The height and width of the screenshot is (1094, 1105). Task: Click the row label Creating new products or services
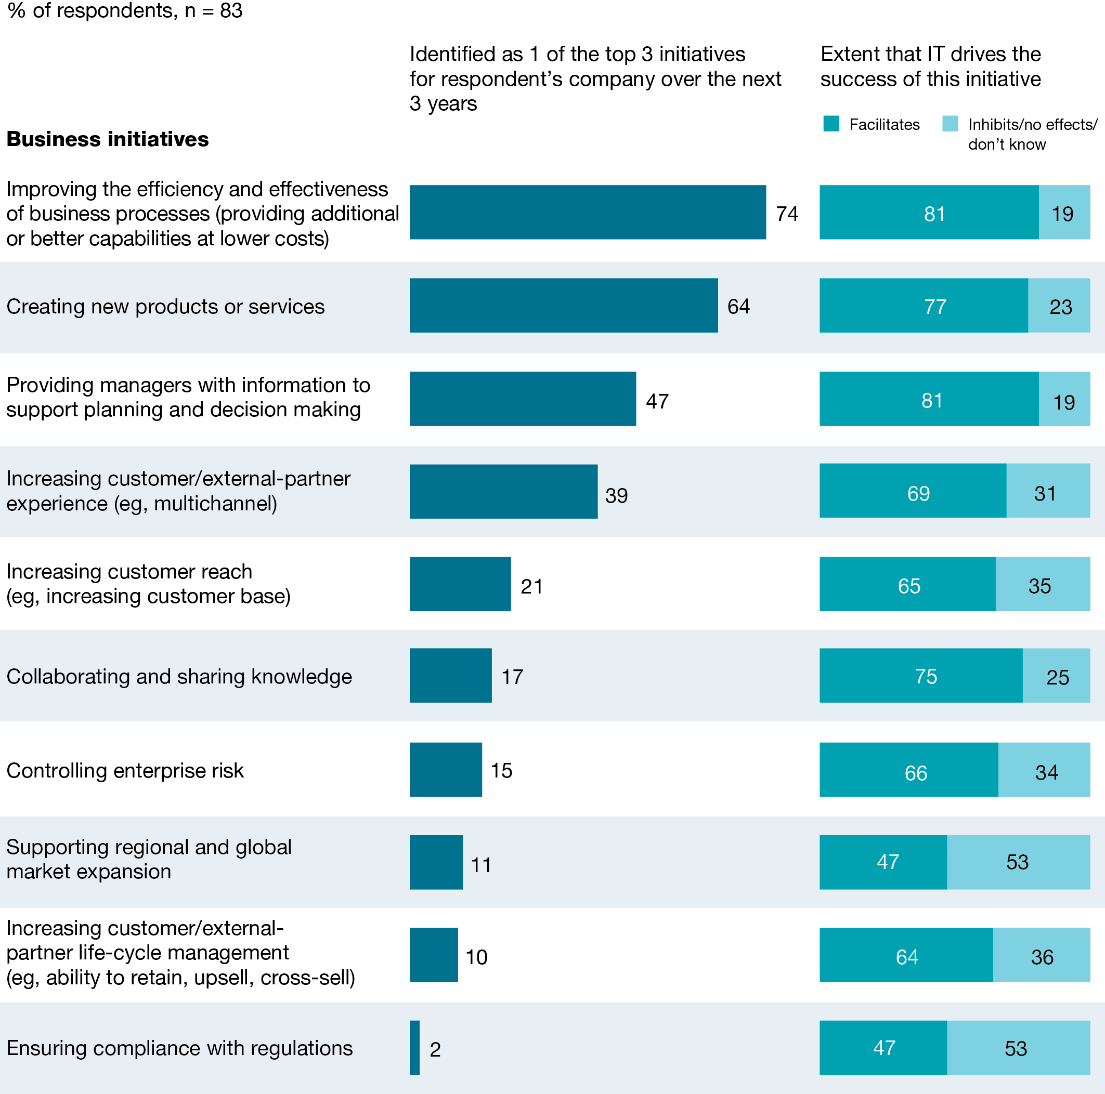point(165,307)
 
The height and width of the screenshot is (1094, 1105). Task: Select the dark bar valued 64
point(563,305)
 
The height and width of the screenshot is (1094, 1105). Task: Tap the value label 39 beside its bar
point(616,496)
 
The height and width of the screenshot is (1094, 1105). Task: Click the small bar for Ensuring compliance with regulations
point(414,1048)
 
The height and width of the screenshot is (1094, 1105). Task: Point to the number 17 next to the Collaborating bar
point(512,677)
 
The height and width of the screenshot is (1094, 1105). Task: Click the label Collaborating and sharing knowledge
point(179,677)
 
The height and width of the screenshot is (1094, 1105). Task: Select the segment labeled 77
point(923,306)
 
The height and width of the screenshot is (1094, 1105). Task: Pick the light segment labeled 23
point(1059,306)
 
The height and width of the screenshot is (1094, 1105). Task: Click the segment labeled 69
point(913,491)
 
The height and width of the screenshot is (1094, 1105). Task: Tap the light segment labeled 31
point(1048,491)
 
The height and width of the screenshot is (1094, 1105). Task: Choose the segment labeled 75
point(921,676)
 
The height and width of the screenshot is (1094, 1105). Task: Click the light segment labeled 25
point(1057,676)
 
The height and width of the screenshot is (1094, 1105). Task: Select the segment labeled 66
point(909,769)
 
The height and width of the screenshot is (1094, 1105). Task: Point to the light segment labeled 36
point(1042,955)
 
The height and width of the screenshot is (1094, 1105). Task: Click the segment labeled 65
point(908,584)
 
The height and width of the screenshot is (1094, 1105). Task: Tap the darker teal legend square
point(831,124)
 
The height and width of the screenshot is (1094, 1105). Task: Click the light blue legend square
point(950,124)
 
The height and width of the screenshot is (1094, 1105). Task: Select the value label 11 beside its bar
point(481,865)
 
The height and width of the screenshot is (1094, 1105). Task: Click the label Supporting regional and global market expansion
point(149,859)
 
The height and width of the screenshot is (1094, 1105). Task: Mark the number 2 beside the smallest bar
point(435,1049)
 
